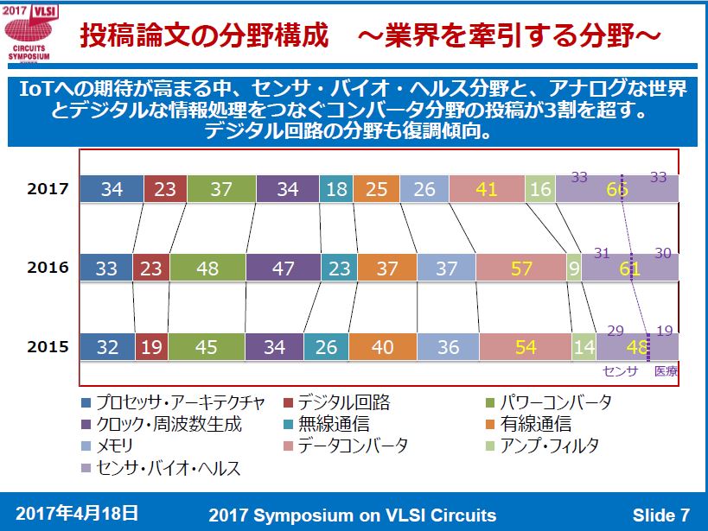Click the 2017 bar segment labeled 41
(487, 189)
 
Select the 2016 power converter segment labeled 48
(207, 269)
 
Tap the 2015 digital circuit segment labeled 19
(152, 347)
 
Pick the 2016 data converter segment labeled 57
(521, 269)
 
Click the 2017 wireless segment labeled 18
(335, 189)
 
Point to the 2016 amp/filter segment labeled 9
(574, 269)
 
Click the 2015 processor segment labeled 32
(107, 347)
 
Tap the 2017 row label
(48, 189)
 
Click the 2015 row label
(48, 347)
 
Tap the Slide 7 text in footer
(660, 515)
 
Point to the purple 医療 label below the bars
(666, 371)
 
